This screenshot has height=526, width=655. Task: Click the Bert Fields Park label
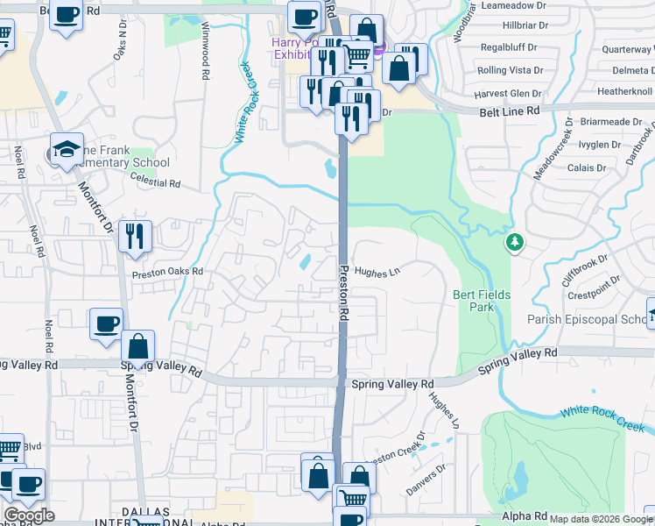pos(482,302)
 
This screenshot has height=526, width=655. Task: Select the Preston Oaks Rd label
pos(167,273)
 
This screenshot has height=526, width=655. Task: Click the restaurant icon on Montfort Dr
pos(135,236)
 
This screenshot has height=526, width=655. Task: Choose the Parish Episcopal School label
pos(587,320)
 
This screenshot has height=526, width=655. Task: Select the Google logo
pos(29,515)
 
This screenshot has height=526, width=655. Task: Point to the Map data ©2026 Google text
pos(601,518)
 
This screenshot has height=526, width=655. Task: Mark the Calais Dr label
pos(587,167)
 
